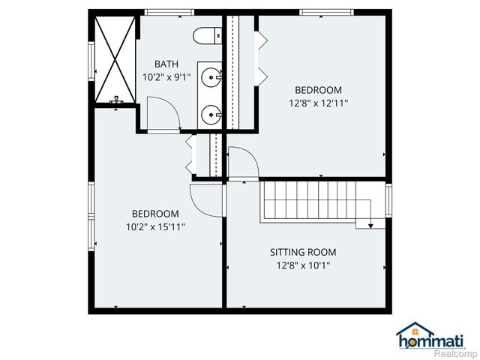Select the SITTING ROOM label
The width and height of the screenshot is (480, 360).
[x=303, y=252]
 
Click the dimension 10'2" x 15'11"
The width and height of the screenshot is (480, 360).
[x=155, y=226]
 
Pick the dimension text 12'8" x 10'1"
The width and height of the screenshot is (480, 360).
[x=303, y=265]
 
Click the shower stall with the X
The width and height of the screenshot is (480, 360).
[x=115, y=58]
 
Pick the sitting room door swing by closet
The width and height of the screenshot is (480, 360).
[x=241, y=162]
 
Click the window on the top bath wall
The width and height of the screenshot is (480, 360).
[x=169, y=11]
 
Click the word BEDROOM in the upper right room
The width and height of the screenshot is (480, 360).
[x=319, y=90]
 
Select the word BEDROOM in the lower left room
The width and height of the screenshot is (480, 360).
[x=155, y=213]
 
